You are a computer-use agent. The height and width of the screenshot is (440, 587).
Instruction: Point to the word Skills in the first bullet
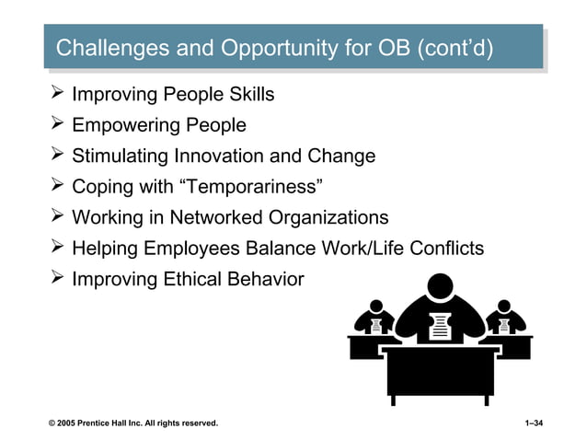click(x=247, y=95)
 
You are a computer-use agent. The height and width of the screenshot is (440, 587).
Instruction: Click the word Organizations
click(x=328, y=218)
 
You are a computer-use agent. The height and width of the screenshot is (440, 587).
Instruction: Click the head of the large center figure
click(x=442, y=288)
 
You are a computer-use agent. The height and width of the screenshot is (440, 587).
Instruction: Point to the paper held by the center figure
click(x=441, y=325)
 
